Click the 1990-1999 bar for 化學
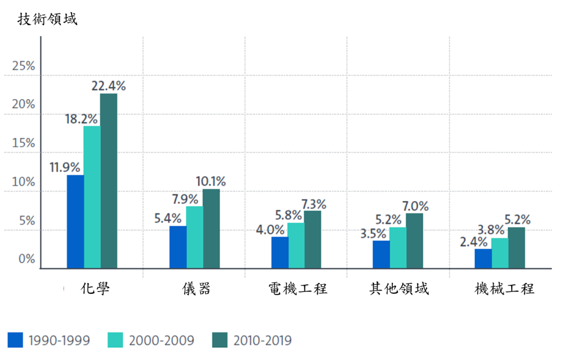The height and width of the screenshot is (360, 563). (75, 222)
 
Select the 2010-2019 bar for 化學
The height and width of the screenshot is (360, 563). (108, 181)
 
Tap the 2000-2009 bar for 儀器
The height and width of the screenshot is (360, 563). (194, 237)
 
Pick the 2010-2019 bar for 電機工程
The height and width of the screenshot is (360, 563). (313, 239)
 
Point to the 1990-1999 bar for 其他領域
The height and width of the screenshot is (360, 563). (381, 254)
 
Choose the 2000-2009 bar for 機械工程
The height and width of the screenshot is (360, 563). (500, 253)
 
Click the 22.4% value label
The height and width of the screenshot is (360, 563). (108, 85)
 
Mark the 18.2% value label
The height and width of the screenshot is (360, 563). (81, 118)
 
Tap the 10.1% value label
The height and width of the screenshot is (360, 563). (210, 182)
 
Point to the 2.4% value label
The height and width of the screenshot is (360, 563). (473, 241)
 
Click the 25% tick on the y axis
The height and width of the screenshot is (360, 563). (23, 66)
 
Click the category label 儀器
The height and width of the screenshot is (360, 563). (196, 288)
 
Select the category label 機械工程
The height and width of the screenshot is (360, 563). (504, 288)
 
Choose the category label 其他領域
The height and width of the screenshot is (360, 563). (398, 288)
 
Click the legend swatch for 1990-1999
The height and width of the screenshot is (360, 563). (15, 340)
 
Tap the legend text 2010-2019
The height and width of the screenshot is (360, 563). (262, 340)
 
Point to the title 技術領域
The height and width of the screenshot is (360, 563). (47, 19)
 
